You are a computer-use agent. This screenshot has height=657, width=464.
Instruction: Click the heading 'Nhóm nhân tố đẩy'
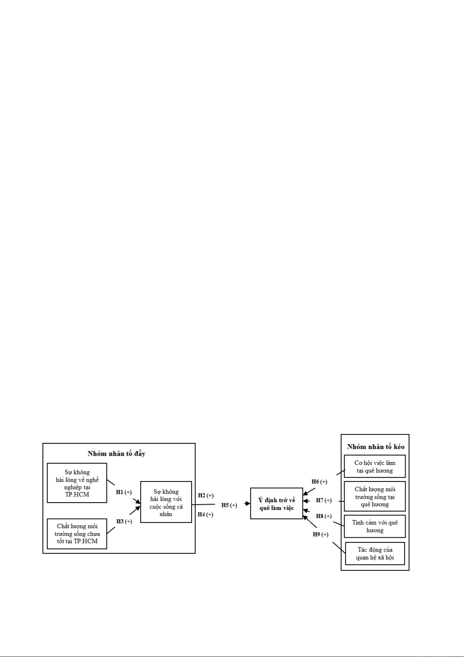(116, 453)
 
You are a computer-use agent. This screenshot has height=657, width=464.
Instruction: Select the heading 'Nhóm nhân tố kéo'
(376, 447)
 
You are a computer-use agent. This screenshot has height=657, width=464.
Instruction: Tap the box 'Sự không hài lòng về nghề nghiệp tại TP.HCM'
(77, 483)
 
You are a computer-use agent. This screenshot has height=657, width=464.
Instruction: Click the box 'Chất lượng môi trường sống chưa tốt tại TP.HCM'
(77, 534)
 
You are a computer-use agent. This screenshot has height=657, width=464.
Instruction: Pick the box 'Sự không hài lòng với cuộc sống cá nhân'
(166, 502)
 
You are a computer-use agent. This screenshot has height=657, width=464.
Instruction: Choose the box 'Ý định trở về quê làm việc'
(276, 504)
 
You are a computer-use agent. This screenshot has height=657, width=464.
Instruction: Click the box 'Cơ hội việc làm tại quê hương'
(375, 466)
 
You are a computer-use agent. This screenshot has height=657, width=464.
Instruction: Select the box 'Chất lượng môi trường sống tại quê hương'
(375, 496)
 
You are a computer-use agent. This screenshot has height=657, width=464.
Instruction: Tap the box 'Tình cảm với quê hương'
(375, 526)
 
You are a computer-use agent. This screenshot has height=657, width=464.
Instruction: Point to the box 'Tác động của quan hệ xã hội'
(375, 554)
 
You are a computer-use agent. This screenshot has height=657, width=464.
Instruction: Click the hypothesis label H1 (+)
(124, 492)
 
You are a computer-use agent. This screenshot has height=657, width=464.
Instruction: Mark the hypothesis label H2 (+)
(206, 496)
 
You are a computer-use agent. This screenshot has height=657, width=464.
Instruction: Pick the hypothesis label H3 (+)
(124, 521)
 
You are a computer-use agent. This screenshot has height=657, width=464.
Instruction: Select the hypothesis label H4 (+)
(205, 515)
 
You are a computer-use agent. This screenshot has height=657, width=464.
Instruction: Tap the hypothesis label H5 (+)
(229, 505)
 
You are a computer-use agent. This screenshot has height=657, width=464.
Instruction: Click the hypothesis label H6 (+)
(319, 482)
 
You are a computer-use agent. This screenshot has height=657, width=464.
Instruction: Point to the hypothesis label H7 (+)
(324, 500)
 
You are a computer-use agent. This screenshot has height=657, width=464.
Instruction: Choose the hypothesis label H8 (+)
(324, 516)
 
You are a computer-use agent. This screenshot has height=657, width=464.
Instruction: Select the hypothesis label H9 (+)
(320, 535)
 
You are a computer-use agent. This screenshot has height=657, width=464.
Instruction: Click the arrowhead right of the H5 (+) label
(248, 504)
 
